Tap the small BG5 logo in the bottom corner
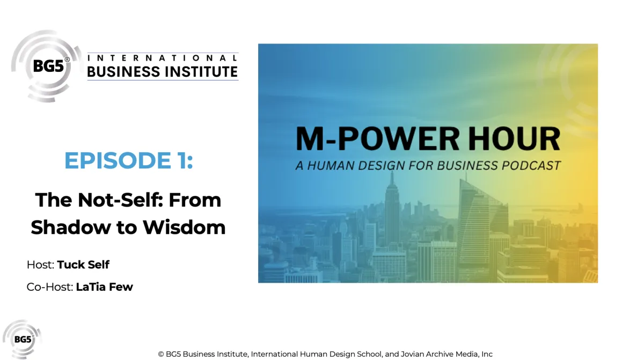click(21, 339)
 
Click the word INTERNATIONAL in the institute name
click(162, 57)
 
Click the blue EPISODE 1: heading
click(128, 161)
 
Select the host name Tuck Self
click(83, 265)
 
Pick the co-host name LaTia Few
click(104, 287)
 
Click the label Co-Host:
click(49, 287)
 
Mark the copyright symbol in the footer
click(161, 354)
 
